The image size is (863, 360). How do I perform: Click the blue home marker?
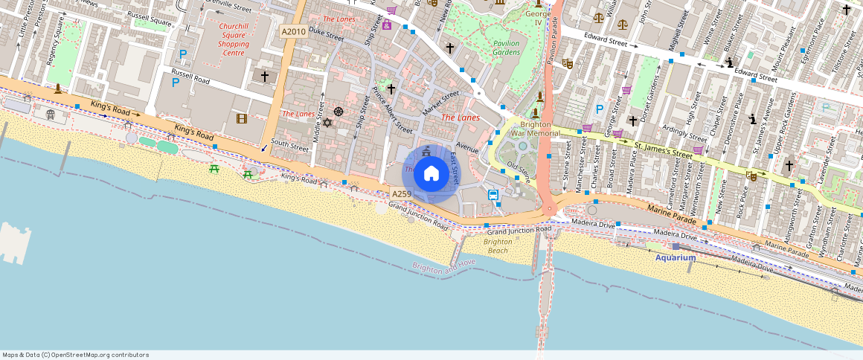click(431, 174)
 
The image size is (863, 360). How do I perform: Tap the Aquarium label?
click(676, 258)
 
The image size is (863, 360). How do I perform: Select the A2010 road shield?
click(292, 32)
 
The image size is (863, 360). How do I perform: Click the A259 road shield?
click(402, 194)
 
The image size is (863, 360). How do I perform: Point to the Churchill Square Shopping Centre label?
click(234, 39)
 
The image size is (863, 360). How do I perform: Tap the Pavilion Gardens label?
click(506, 48)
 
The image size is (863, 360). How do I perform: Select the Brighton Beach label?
click(498, 246)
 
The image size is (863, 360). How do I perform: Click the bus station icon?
click(493, 195)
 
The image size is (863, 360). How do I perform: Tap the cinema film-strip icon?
click(241, 118)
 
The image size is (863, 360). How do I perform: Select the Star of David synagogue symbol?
click(326, 122)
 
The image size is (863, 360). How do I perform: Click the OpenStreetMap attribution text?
click(75, 355)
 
